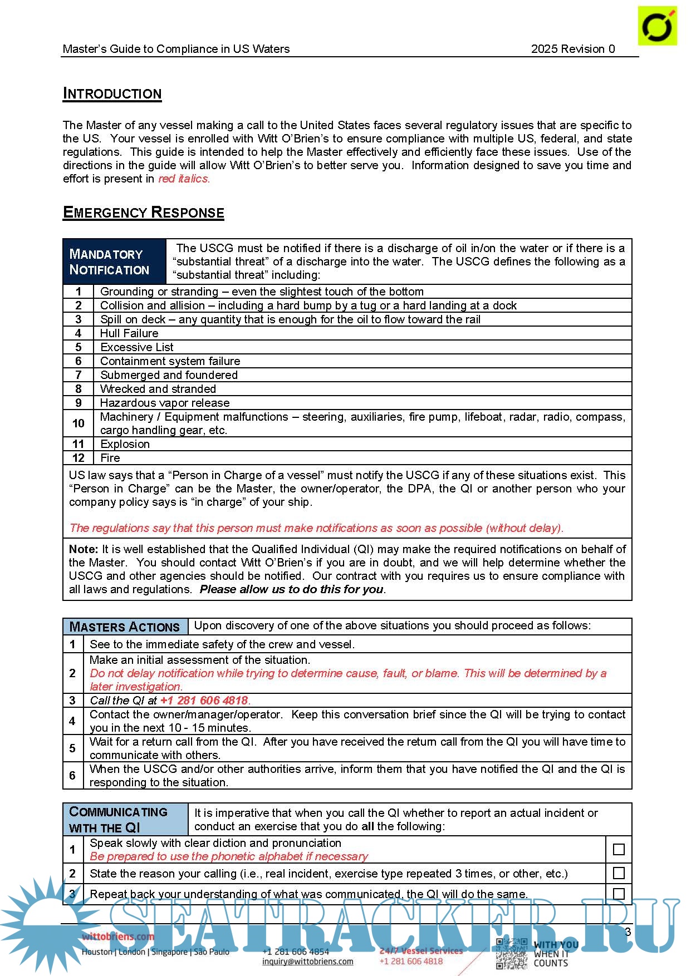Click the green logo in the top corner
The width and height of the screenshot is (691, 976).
[x=657, y=26]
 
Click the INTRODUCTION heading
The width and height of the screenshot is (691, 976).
[x=112, y=93]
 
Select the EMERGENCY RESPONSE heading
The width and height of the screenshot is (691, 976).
[x=143, y=213]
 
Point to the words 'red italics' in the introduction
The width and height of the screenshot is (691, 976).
[x=184, y=179]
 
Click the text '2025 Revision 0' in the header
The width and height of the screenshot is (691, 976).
[x=572, y=49]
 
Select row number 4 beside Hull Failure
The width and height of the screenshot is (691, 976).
[x=79, y=333]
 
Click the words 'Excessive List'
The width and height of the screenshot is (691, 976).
[x=136, y=347]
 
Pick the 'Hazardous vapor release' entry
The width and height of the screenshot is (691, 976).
[x=164, y=403]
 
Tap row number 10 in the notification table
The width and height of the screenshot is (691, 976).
[x=79, y=423]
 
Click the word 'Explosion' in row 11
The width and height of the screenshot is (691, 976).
[x=125, y=444]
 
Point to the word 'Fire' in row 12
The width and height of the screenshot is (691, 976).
[x=110, y=458]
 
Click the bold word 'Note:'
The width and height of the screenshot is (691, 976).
[x=83, y=549]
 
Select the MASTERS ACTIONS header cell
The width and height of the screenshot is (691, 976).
[x=125, y=627]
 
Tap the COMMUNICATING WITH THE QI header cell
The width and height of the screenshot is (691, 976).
[x=125, y=819]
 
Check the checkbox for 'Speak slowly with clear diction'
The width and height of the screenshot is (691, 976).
[x=618, y=850]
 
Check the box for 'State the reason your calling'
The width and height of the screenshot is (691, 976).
[x=618, y=873]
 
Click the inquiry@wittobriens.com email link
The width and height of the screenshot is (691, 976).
[x=307, y=962]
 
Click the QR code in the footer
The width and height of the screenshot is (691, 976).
[x=511, y=954]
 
